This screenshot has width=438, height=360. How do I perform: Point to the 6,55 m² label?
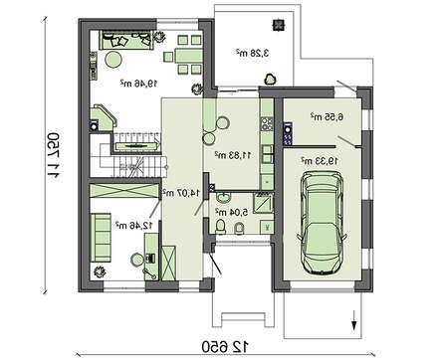[326, 117]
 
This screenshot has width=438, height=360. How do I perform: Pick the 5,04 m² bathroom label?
[233, 211]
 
